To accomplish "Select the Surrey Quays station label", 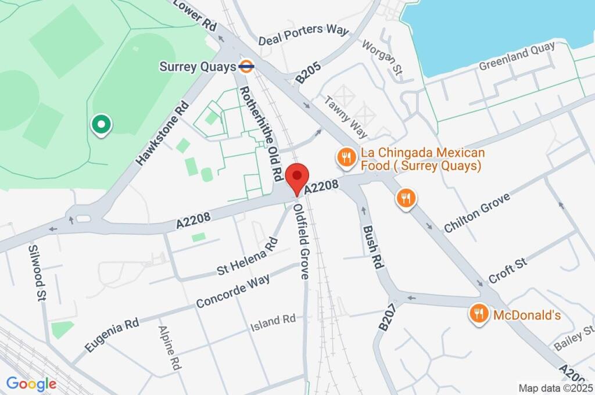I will pyautogui.click(x=198, y=67).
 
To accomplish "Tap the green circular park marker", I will pyautogui.click(x=102, y=124).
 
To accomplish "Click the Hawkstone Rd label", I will pyautogui.click(x=162, y=134).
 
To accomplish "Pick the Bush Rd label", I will pyautogui.click(x=373, y=245).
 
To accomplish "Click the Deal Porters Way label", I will pyautogui.click(x=303, y=35).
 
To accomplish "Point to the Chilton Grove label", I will pyautogui.click(x=476, y=213).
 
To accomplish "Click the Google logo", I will pyautogui.click(x=31, y=384).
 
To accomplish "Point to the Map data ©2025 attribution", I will pyautogui.click(x=554, y=387).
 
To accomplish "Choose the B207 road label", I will pyautogui.click(x=389, y=317).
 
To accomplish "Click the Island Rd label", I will pyautogui.click(x=273, y=319).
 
